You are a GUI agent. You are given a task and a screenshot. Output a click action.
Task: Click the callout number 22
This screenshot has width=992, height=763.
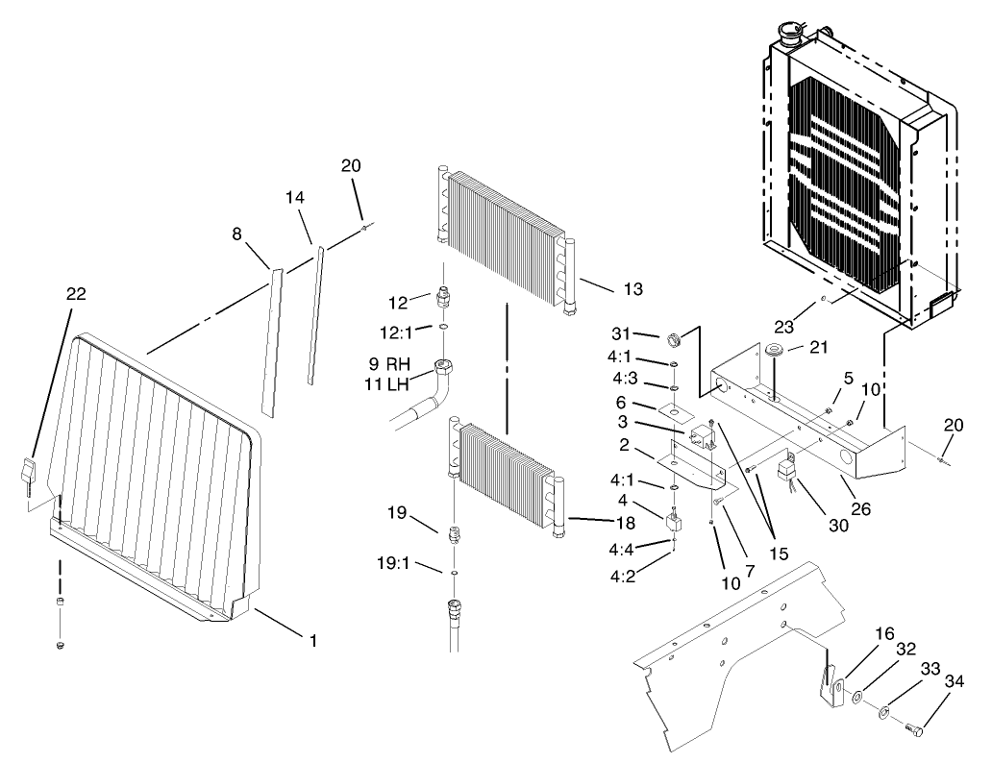coord(76,294)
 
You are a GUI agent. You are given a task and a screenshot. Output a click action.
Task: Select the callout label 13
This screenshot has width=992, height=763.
coord(632,288)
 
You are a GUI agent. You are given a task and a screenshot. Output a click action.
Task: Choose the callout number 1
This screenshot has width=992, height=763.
coord(311,639)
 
